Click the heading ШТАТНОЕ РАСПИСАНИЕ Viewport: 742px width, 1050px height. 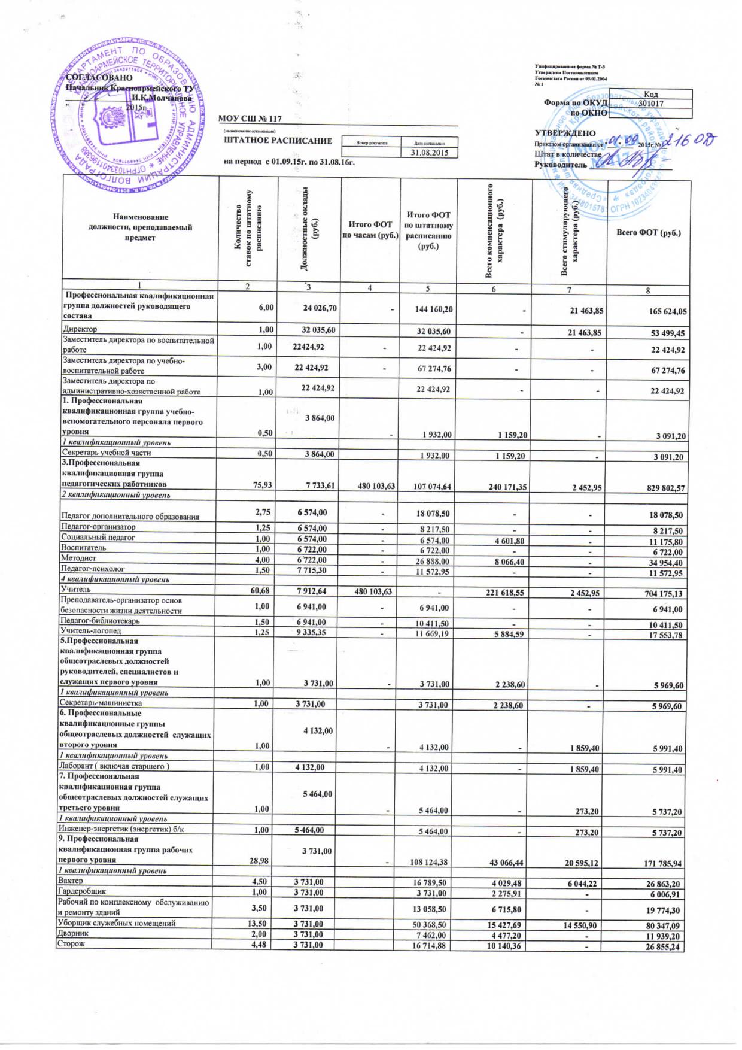tap(278, 141)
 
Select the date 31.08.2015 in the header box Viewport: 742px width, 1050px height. tap(429, 153)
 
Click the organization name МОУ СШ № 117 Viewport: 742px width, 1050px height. tap(250, 119)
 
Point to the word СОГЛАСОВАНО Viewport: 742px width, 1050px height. tap(99, 78)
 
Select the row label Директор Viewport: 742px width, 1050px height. tap(80, 329)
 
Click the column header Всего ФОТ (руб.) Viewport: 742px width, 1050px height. tap(648, 232)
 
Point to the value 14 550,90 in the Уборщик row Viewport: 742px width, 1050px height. tap(579, 925)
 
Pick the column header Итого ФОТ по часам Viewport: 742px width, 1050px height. tap(370, 229)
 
